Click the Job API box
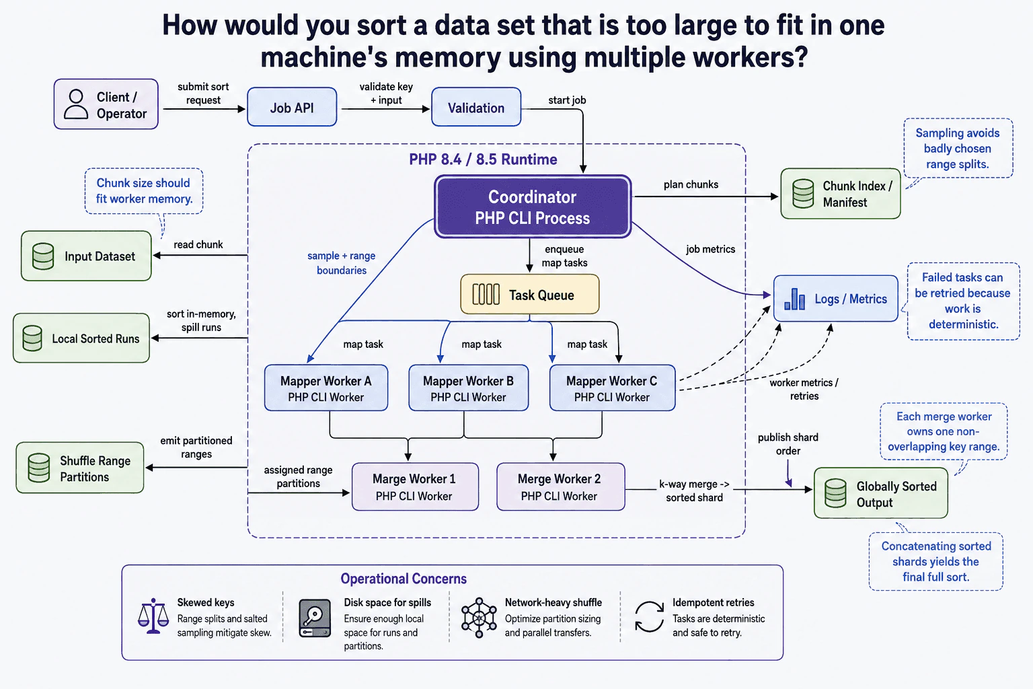pyautogui.click(x=292, y=107)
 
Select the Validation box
pyautogui.click(x=476, y=107)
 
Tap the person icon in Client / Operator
pyautogui.click(x=76, y=105)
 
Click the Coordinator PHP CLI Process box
pyautogui.click(x=533, y=207)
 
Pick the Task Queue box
pyautogui.click(x=530, y=295)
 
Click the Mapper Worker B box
pyautogui.click(x=469, y=388)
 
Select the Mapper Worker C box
pyautogui.click(x=613, y=388)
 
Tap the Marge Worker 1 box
pyautogui.click(x=415, y=487)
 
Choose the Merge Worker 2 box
pyautogui.click(x=561, y=487)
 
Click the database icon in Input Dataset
pyautogui.click(x=43, y=256)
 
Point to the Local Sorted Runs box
pyautogui.click(x=81, y=338)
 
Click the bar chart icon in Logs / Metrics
pyautogui.click(x=794, y=299)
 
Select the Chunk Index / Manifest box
pyautogui.click(x=840, y=193)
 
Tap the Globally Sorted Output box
pyautogui.click(x=881, y=493)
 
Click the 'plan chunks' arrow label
pyautogui.click(x=691, y=184)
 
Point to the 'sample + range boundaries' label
pyautogui.click(x=342, y=263)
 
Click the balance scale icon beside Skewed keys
pyautogui.click(x=153, y=616)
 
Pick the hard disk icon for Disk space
pyautogui.click(x=315, y=618)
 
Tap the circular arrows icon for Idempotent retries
pyautogui.click(x=649, y=616)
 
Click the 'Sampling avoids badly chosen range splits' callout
pyautogui.click(x=958, y=149)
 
